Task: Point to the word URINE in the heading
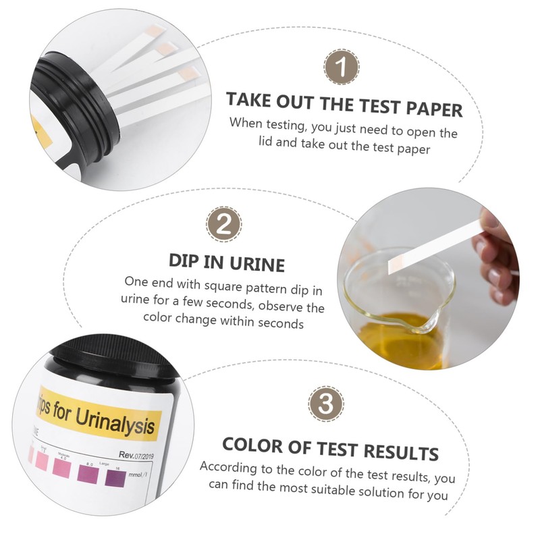click(254, 263)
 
